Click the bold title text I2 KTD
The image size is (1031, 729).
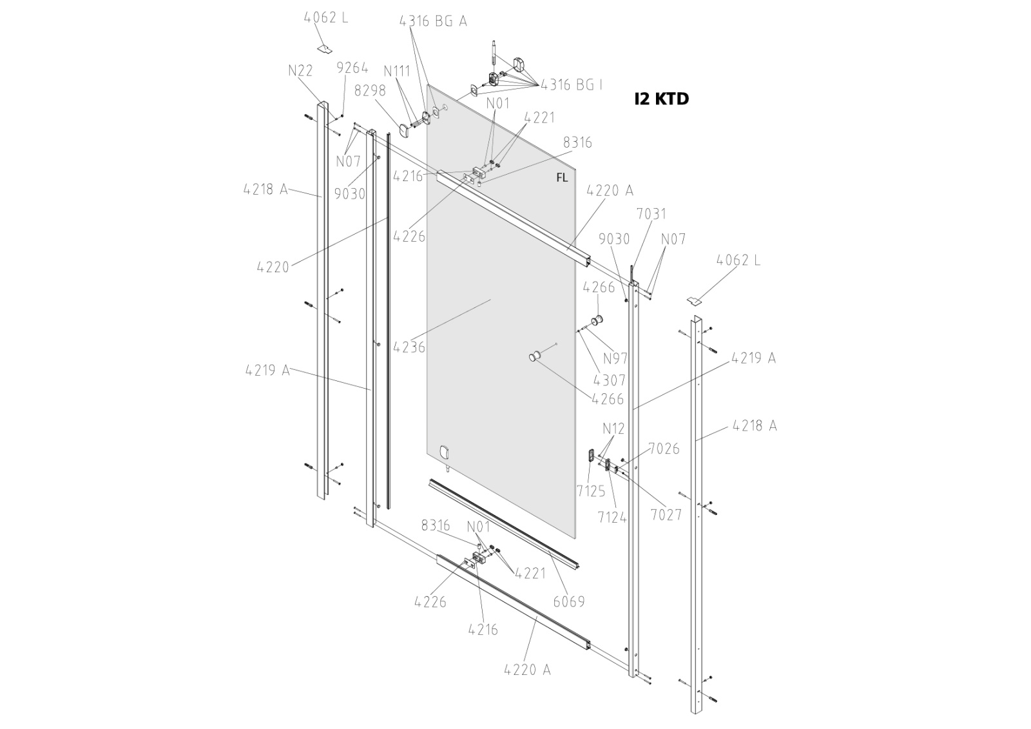pyautogui.click(x=661, y=99)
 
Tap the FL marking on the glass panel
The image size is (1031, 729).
pyautogui.click(x=562, y=178)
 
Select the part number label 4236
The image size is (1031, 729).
pyautogui.click(x=409, y=347)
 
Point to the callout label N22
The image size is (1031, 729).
pyautogui.click(x=300, y=71)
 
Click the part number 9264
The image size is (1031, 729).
pyautogui.click(x=352, y=68)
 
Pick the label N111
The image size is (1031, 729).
pyautogui.click(x=396, y=71)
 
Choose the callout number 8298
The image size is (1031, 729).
pyautogui.click(x=370, y=91)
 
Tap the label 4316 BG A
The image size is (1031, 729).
pyautogui.click(x=433, y=21)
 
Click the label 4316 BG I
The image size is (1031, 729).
pyautogui.click(x=572, y=84)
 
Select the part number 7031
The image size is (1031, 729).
pyautogui.click(x=651, y=213)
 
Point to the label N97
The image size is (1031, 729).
pyautogui.click(x=615, y=358)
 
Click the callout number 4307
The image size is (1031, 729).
pyautogui.click(x=609, y=380)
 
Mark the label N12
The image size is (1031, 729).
pyautogui.click(x=613, y=429)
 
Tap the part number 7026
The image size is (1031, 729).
pyautogui.click(x=664, y=449)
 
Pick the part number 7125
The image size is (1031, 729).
pyautogui.click(x=591, y=491)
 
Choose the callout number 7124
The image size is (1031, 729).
pyautogui.click(x=612, y=516)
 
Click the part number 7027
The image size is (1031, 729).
pyautogui.click(x=666, y=514)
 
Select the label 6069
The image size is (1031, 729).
pyautogui.click(x=569, y=601)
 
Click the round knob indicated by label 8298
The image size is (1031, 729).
pyautogui.click(x=405, y=131)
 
